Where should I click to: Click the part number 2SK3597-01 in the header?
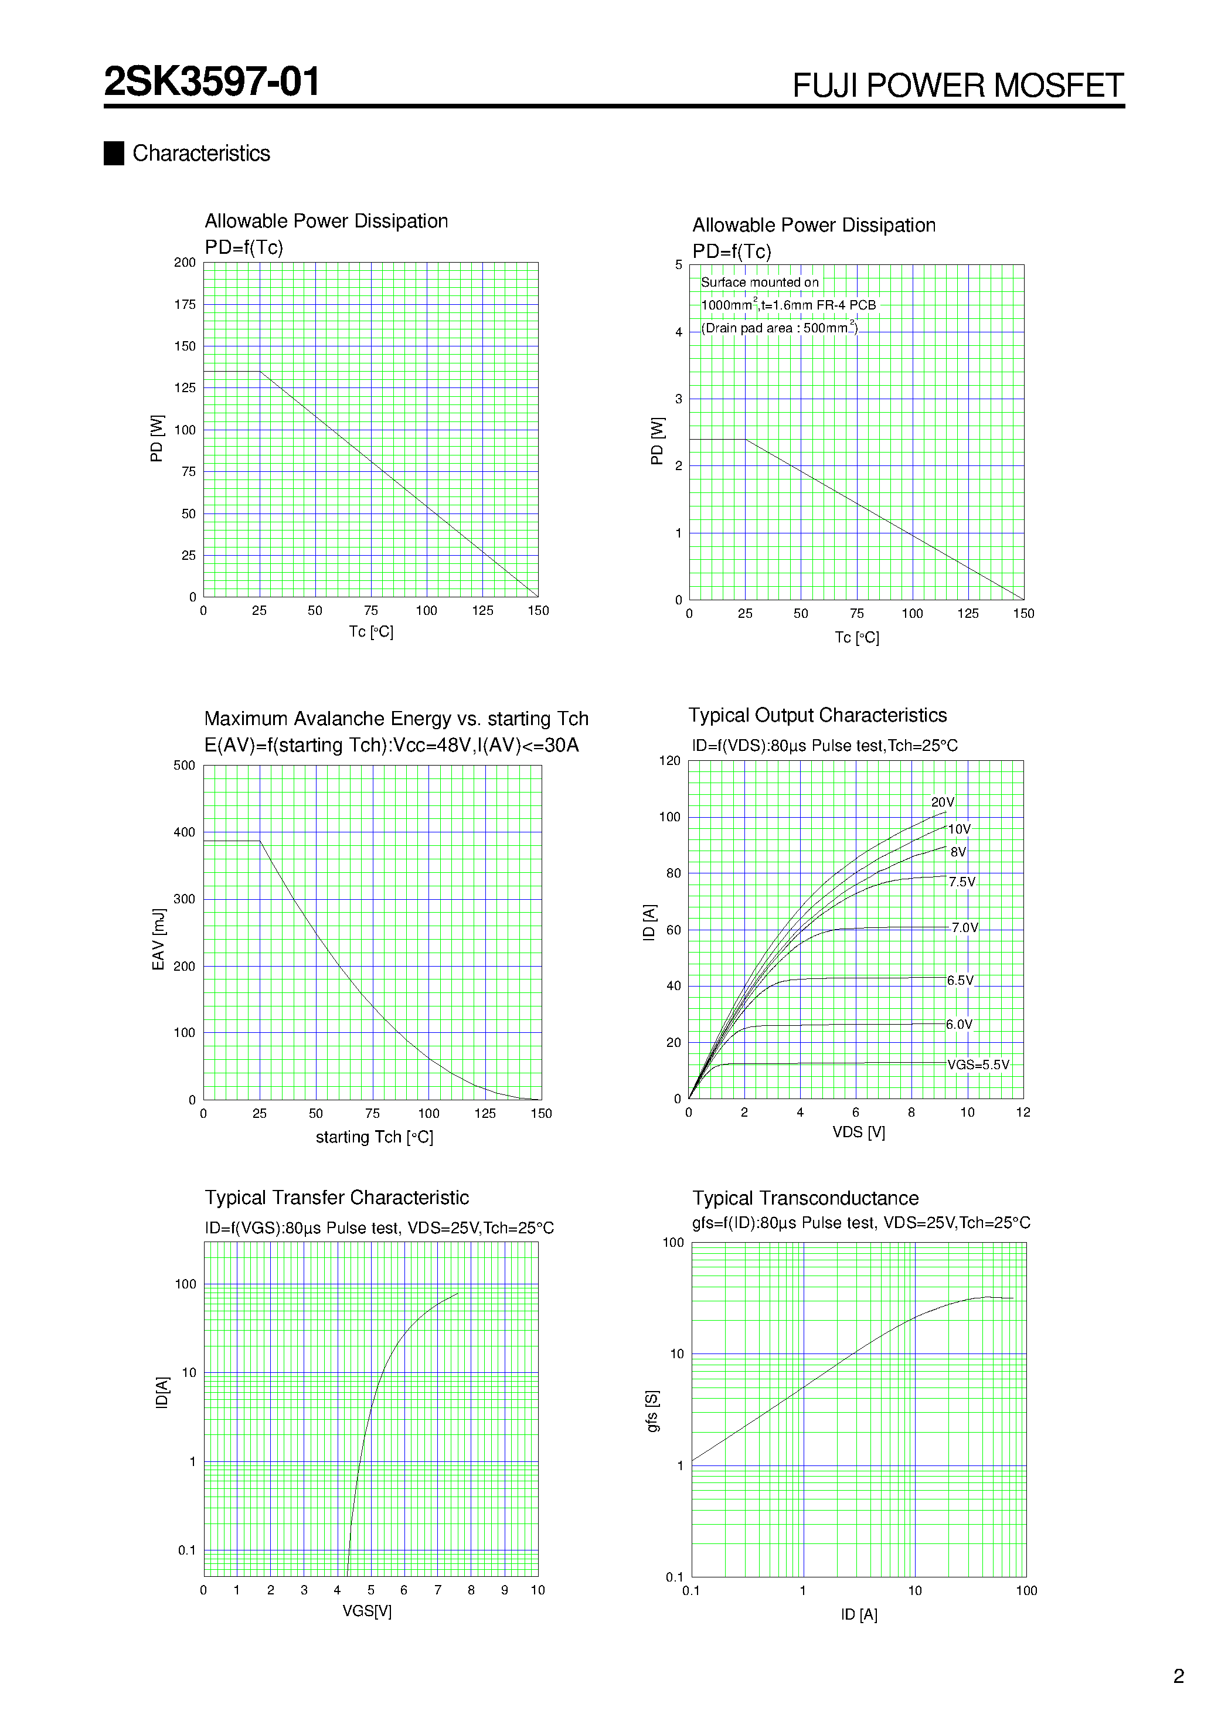point(212,81)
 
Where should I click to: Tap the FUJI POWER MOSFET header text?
point(957,86)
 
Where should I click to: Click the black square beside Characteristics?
point(114,153)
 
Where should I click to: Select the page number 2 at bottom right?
point(1178,1676)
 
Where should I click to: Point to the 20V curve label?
point(942,802)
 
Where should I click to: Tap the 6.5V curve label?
point(960,980)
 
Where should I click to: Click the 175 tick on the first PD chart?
point(185,305)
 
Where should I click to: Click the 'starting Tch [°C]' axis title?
point(374,1137)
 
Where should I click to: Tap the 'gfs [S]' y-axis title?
point(652,1411)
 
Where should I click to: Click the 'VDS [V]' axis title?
point(859,1132)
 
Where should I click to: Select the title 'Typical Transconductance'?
point(805,1198)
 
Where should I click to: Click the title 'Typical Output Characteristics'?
point(817,715)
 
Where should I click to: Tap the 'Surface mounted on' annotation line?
point(759,282)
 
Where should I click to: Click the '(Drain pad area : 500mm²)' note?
point(779,328)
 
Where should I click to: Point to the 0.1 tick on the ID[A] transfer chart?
point(186,1550)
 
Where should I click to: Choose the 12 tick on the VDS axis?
point(1023,1113)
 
